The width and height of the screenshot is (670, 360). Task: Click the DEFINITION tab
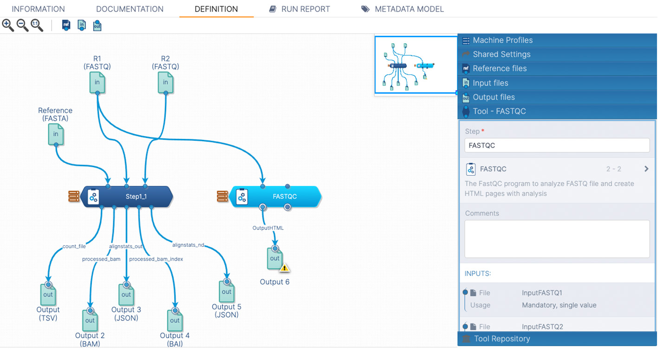point(216,9)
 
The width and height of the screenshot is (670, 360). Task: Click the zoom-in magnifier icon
point(8,25)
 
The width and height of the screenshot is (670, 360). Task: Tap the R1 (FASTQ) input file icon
point(97,83)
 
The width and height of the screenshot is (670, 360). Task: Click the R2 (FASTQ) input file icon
point(166,83)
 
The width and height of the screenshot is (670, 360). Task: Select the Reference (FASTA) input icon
point(56,134)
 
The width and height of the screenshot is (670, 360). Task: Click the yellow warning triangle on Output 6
point(285,268)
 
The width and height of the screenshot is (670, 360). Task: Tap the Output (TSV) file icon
point(48,294)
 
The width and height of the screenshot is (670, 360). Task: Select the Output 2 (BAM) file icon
point(90,320)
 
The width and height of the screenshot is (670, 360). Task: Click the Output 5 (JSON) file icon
point(227,292)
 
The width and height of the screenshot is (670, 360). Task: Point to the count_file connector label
point(74,246)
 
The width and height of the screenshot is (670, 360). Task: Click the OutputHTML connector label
point(268,228)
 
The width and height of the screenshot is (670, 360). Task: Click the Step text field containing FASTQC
point(557,145)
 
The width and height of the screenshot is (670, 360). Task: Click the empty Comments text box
point(557,239)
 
